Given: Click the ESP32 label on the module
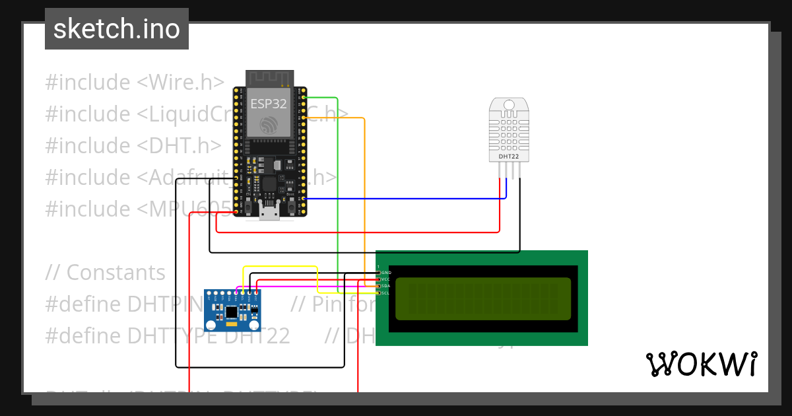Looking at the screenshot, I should click(269, 104).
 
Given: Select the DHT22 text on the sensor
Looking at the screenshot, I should click(508, 156).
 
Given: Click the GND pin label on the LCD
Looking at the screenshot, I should click(385, 273).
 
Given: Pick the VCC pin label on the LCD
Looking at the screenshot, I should click(385, 279).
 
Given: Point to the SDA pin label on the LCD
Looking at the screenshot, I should click(385, 286).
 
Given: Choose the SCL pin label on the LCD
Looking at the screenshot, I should click(385, 293).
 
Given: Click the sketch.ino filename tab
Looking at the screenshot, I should click(117, 29).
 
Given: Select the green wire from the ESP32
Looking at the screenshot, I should click(338, 198).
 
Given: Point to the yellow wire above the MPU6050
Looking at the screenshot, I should click(280, 267).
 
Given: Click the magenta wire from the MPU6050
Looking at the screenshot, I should click(297, 287).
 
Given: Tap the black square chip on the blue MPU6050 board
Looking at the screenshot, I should click(232, 311).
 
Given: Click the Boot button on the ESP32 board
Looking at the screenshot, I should click(291, 209).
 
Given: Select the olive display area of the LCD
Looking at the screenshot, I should click(482, 298).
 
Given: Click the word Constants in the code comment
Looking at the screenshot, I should click(116, 273).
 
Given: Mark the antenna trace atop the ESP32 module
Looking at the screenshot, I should click(269, 78).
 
